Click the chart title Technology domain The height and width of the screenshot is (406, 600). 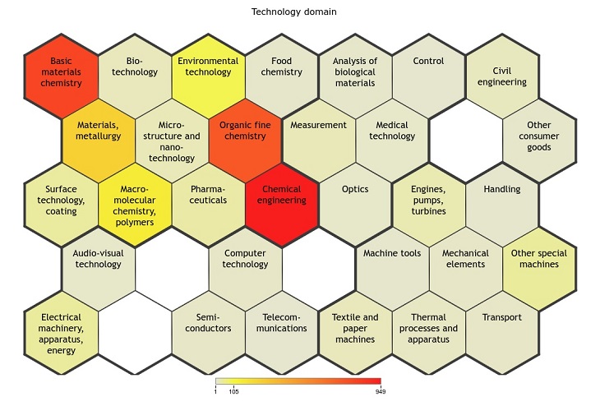coord(294,12)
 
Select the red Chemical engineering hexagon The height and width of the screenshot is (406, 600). coord(282,205)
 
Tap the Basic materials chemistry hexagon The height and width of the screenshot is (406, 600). coord(61,76)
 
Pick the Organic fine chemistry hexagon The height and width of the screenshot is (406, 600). coord(245,141)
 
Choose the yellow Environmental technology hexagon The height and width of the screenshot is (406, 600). coord(208,76)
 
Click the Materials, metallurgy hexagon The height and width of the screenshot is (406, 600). coord(98,141)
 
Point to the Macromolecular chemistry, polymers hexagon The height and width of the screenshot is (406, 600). coord(135,205)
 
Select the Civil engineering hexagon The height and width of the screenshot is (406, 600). coord(502,76)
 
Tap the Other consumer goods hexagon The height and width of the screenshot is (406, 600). coord(539,141)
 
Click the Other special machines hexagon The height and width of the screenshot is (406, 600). coord(539,270)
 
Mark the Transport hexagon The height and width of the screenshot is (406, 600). coord(502,333)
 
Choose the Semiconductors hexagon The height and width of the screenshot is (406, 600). coord(208,333)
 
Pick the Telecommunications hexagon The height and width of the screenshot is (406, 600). coord(282,333)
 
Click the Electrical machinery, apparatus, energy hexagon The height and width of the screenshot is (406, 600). coord(61,333)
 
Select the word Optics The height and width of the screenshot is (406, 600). coord(355,189)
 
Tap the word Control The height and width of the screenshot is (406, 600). coord(428,61)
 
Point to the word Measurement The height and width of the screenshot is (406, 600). coord(318,125)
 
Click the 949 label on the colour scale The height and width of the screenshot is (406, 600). coord(381,391)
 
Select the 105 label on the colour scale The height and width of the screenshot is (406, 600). coord(233,391)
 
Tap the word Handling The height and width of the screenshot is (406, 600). coord(502,189)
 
